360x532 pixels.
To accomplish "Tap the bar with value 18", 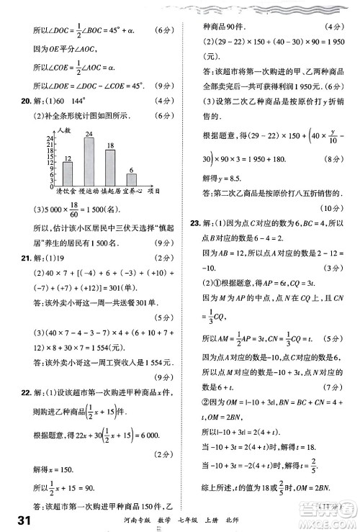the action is [110, 166].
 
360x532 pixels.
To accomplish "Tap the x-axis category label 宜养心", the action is [132, 191].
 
